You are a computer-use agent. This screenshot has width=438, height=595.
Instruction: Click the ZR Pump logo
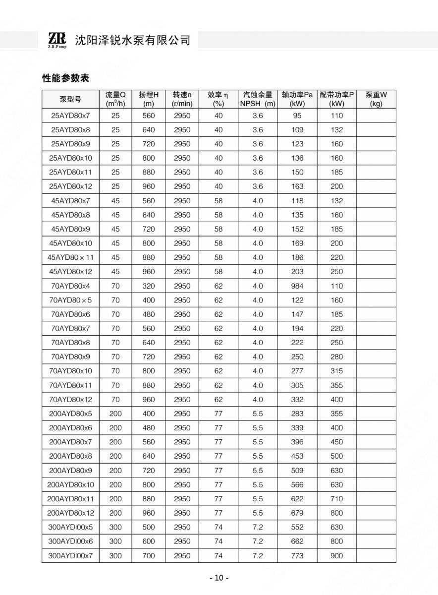57,40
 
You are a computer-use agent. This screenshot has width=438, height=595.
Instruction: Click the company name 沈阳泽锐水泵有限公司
132,40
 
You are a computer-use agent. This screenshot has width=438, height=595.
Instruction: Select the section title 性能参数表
65,78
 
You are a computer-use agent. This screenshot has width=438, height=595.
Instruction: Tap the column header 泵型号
70,99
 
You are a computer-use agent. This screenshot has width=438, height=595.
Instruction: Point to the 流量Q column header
115,99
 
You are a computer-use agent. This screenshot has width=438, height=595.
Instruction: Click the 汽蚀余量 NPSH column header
258,99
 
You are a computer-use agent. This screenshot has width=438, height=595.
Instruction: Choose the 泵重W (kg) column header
376,99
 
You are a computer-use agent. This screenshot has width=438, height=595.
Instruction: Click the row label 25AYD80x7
70,116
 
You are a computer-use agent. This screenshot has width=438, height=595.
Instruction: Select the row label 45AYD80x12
70,272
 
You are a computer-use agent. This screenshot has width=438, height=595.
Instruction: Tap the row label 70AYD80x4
70,286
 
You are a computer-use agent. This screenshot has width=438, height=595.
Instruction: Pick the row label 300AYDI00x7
70,556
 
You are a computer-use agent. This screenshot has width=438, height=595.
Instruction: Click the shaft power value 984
297,286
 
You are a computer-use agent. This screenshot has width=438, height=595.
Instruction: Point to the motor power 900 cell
336,556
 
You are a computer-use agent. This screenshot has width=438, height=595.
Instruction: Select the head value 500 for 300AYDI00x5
149,527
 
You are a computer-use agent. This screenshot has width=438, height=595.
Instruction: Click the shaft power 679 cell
297,513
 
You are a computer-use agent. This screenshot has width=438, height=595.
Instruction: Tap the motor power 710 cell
336,499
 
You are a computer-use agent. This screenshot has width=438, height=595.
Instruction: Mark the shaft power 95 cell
297,116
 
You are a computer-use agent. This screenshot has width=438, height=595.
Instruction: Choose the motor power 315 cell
336,371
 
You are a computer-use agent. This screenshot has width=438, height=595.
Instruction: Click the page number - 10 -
219,578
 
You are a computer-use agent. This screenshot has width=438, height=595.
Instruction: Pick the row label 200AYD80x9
70,471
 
